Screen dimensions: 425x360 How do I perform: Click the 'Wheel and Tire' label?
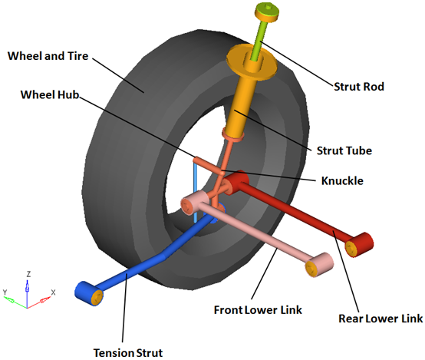48,56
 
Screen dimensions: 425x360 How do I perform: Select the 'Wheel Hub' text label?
50,94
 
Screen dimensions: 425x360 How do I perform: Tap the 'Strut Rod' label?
359,87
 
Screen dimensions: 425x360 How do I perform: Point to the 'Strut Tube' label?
344,150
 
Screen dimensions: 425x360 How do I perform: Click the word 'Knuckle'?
342,180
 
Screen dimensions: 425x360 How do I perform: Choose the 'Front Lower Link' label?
258,310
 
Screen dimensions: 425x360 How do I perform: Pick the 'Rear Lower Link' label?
381,319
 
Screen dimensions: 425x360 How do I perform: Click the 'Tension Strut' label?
128,353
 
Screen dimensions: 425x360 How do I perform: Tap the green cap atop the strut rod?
267,12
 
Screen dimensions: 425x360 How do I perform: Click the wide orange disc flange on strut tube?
252,62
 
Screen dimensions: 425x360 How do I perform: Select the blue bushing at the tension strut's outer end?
89,294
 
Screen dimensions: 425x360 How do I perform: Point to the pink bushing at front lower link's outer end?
319,265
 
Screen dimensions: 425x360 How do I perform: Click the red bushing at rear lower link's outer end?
359,245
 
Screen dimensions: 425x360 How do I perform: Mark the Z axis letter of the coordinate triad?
28,274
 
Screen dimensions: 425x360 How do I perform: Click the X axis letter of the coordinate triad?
53,292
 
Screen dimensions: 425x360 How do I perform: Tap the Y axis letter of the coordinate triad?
5,292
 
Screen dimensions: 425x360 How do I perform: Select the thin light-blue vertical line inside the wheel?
195,191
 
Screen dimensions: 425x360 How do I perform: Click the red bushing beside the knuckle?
236,183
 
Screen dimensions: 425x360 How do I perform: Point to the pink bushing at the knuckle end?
195,203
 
